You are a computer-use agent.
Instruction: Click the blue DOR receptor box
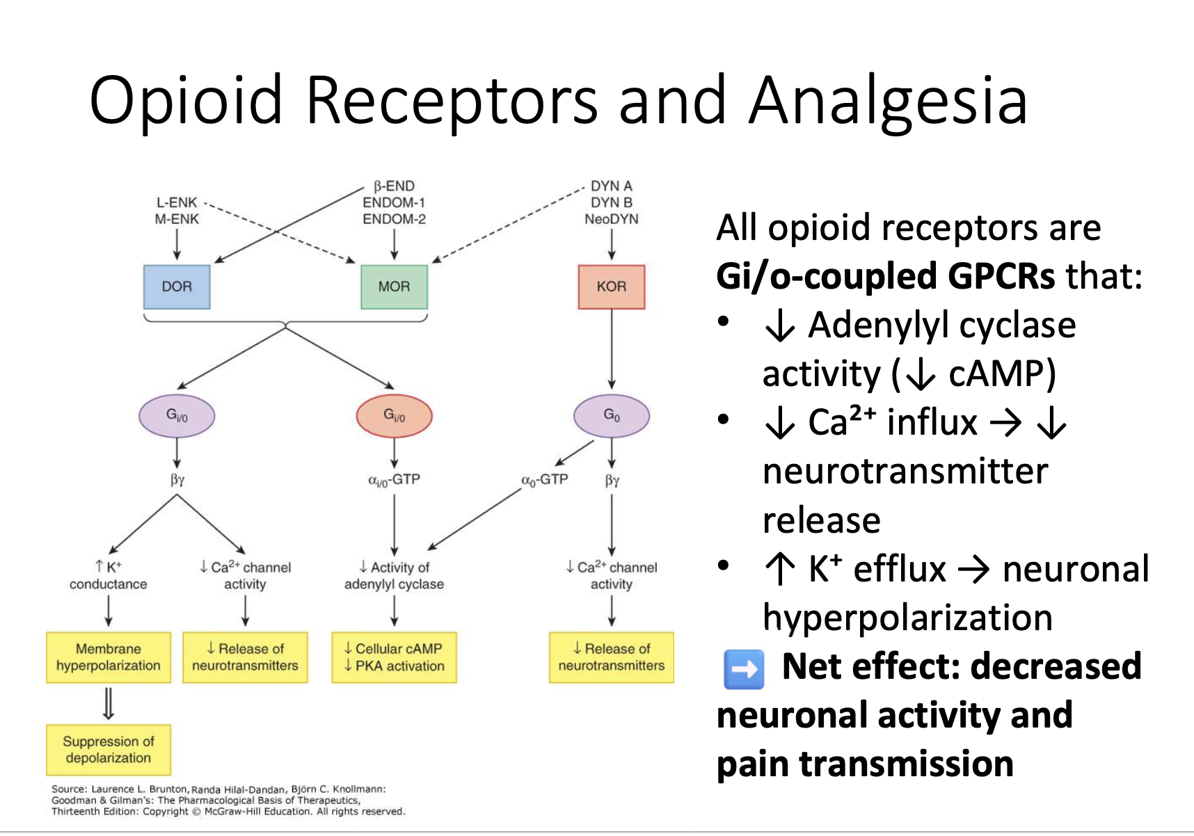(177, 287)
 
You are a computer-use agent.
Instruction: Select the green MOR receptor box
(394, 287)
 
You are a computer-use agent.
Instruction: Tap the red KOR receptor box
(612, 287)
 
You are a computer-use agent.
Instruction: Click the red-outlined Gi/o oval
(394, 416)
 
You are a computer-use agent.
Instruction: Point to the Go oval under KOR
(612, 416)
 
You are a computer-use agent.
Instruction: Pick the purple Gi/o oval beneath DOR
(177, 416)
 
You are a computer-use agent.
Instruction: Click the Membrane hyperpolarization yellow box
(109, 657)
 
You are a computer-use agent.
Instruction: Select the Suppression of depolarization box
(109, 750)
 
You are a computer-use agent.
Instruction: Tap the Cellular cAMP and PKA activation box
(394, 657)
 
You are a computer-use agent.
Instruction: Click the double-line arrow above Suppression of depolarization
(109, 703)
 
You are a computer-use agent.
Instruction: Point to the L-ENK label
(177, 202)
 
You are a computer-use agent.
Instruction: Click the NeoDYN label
(612, 219)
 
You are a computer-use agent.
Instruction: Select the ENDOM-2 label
(394, 219)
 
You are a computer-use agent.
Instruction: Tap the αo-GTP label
(545, 480)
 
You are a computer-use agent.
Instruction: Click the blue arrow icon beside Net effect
(744, 669)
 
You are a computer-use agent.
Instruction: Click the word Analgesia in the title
(889, 102)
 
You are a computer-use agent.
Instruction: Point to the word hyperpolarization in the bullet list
(907, 618)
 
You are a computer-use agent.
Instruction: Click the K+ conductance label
(109, 575)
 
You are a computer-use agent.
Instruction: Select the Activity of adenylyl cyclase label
(394, 575)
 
